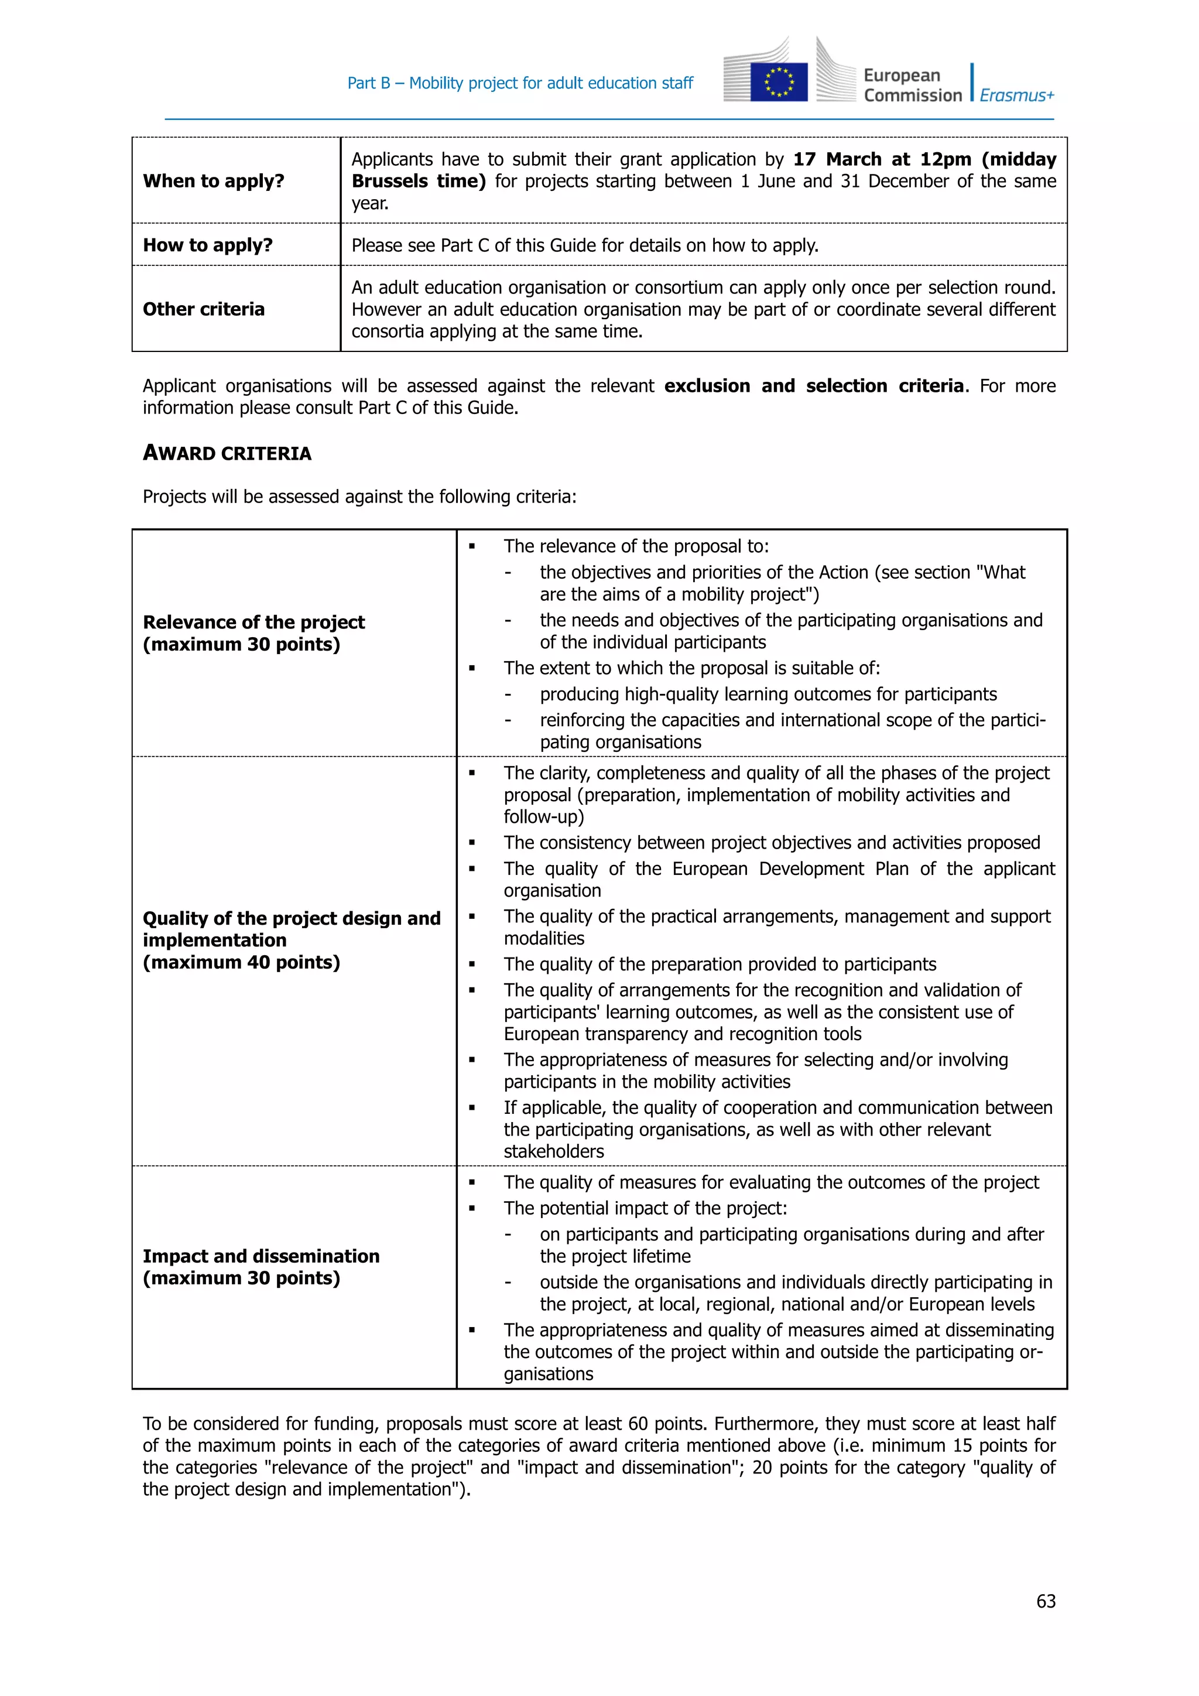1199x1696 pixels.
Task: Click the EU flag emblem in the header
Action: click(x=778, y=81)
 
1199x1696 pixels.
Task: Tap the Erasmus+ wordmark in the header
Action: click(x=1017, y=95)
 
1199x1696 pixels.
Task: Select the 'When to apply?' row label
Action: click(x=213, y=181)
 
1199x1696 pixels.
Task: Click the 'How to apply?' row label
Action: click(x=207, y=245)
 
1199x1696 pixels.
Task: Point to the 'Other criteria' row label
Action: click(x=203, y=309)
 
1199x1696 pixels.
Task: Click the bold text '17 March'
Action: click(x=837, y=159)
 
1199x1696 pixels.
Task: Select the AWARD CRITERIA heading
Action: click(x=227, y=453)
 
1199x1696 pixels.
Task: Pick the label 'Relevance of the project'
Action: click(x=253, y=622)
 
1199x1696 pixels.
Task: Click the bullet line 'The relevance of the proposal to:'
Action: click(x=636, y=546)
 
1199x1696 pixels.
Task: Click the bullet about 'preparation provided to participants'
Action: click(x=720, y=964)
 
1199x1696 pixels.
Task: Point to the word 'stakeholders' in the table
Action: click(x=554, y=1151)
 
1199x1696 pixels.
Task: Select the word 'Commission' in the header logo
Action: click(x=913, y=95)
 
